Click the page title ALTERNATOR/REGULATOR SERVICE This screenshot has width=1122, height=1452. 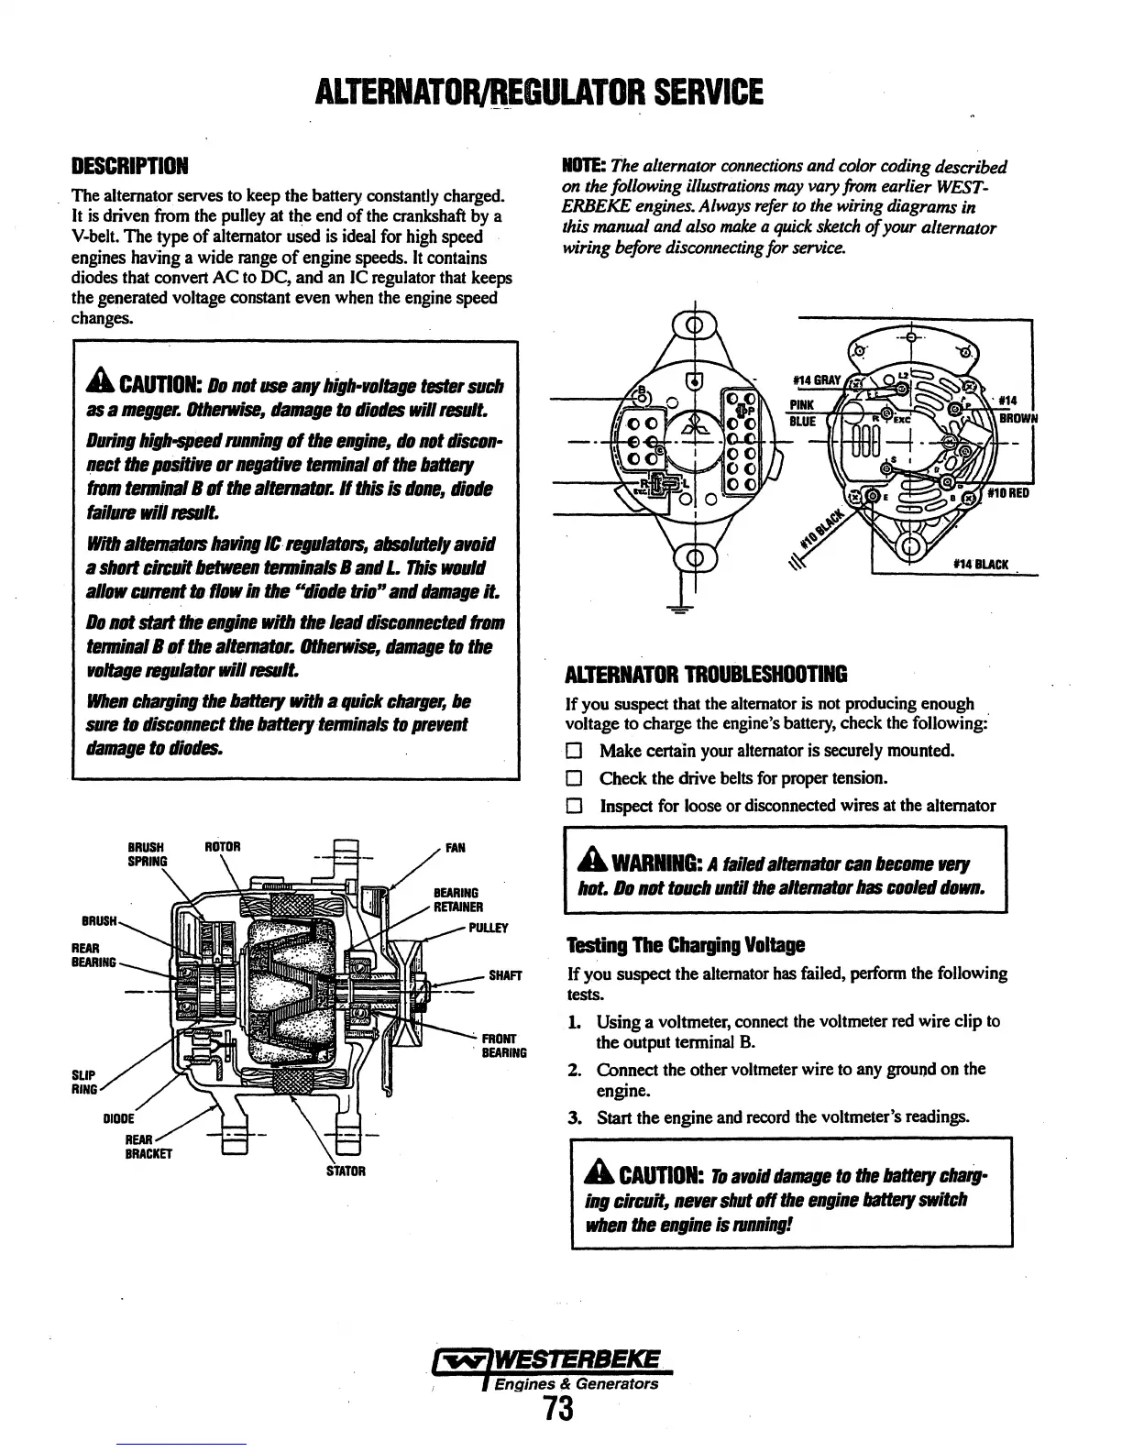pyautogui.click(x=537, y=93)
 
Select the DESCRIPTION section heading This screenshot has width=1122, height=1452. pyautogui.click(x=129, y=168)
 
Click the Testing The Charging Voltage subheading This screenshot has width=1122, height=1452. pyautogui.click(x=686, y=944)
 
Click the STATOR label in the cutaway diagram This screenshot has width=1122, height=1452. pyautogui.click(x=346, y=1171)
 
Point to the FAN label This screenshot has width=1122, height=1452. pyautogui.click(x=455, y=848)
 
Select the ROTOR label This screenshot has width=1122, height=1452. pyautogui.click(x=223, y=847)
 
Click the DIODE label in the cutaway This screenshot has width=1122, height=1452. pyautogui.click(x=119, y=1118)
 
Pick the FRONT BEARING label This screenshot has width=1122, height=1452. pyautogui.click(x=504, y=1046)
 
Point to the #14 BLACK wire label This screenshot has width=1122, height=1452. pyautogui.click(x=981, y=564)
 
